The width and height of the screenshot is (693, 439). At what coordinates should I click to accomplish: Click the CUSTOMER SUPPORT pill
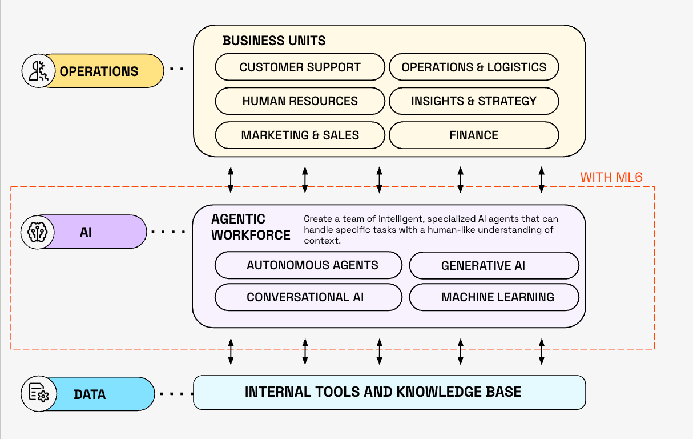(300, 67)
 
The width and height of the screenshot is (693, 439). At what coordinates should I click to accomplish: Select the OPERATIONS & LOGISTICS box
(473, 67)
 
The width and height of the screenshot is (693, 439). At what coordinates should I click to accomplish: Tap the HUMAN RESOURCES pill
(300, 101)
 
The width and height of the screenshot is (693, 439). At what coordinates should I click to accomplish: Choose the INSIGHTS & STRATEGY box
(473, 101)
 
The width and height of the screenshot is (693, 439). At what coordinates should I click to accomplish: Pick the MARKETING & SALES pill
(300, 135)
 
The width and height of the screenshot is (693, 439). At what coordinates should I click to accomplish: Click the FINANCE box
(473, 135)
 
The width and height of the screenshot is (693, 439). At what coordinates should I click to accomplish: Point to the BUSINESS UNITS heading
(274, 41)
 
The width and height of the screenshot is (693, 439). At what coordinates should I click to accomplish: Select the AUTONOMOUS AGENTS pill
(312, 265)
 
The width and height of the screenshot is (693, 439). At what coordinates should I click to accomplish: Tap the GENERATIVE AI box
(494, 266)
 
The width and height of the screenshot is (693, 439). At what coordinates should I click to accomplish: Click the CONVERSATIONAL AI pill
(308, 297)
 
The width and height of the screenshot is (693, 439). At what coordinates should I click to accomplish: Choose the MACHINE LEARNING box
(494, 297)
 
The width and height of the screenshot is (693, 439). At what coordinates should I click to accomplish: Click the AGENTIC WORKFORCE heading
(250, 227)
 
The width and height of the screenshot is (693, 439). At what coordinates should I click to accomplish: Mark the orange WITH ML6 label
(611, 177)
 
